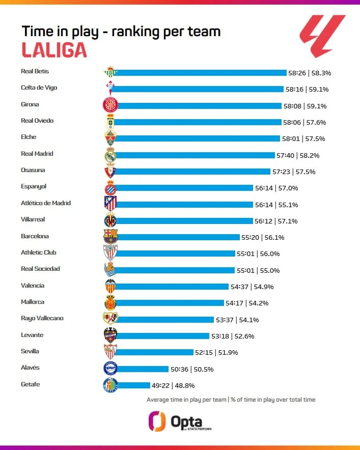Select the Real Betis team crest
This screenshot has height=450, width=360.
tap(110, 73)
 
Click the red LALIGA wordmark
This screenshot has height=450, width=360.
tap(54, 49)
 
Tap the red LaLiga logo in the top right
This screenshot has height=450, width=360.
tap(322, 36)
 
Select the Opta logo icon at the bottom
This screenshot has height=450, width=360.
tap(157, 421)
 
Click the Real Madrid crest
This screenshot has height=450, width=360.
tap(110, 155)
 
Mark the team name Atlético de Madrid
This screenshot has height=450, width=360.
tap(46, 203)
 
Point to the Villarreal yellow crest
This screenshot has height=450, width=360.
tap(110, 220)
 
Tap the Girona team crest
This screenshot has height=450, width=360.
tap(110, 105)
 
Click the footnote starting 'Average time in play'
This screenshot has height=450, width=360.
tap(231, 400)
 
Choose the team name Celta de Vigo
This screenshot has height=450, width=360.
tap(39, 88)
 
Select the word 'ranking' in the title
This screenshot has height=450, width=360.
tap(140, 31)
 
